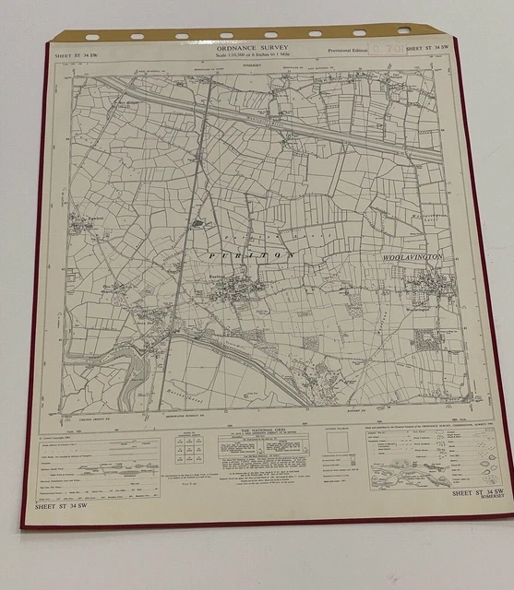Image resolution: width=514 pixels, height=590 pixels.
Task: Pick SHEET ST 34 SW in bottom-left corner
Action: point(60,506)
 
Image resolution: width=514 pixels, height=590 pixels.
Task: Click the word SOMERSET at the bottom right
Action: point(485,499)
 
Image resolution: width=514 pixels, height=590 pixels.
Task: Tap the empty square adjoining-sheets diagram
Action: point(339,442)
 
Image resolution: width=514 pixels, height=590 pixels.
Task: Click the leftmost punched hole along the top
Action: point(92,38)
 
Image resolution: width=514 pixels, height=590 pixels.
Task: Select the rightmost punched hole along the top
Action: point(403,30)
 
